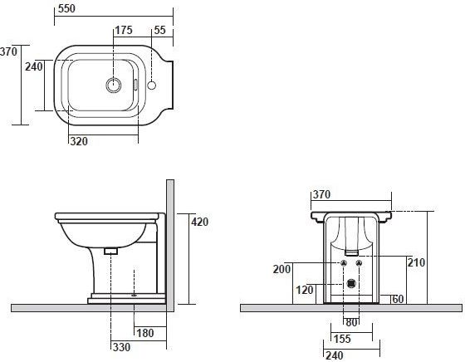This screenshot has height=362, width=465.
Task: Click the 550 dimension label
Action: (x=66, y=8)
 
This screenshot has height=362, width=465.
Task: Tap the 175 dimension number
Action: (x=124, y=30)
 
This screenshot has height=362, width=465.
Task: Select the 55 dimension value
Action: (x=159, y=30)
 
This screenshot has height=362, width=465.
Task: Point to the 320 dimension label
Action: (x=79, y=141)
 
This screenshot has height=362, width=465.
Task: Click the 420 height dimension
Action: (x=200, y=222)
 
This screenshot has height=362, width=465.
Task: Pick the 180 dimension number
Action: (x=145, y=333)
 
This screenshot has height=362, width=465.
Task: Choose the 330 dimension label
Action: (x=121, y=347)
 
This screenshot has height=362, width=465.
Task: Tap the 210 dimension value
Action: (x=416, y=262)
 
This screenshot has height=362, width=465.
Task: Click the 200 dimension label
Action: (x=281, y=269)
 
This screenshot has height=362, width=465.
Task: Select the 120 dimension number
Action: (x=305, y=290)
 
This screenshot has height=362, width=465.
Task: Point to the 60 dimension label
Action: (x=398, y=299)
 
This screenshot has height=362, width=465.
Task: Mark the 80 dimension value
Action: (x=351, y=323)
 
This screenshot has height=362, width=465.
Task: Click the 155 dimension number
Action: (x=342, y=339)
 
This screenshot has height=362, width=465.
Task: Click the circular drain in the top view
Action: (x=114, y=85)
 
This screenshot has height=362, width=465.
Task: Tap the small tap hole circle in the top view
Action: (x=151, y=86)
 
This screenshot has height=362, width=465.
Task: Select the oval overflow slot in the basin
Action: (x=136, y=85)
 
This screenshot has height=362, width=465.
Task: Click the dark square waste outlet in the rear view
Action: (x=351, y=284)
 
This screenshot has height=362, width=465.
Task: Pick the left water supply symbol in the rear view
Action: (x=344, y=263)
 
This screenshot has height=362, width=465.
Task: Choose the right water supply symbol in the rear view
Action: (x=359, y=263)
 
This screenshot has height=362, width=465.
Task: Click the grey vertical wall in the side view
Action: (x=170, y=246)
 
